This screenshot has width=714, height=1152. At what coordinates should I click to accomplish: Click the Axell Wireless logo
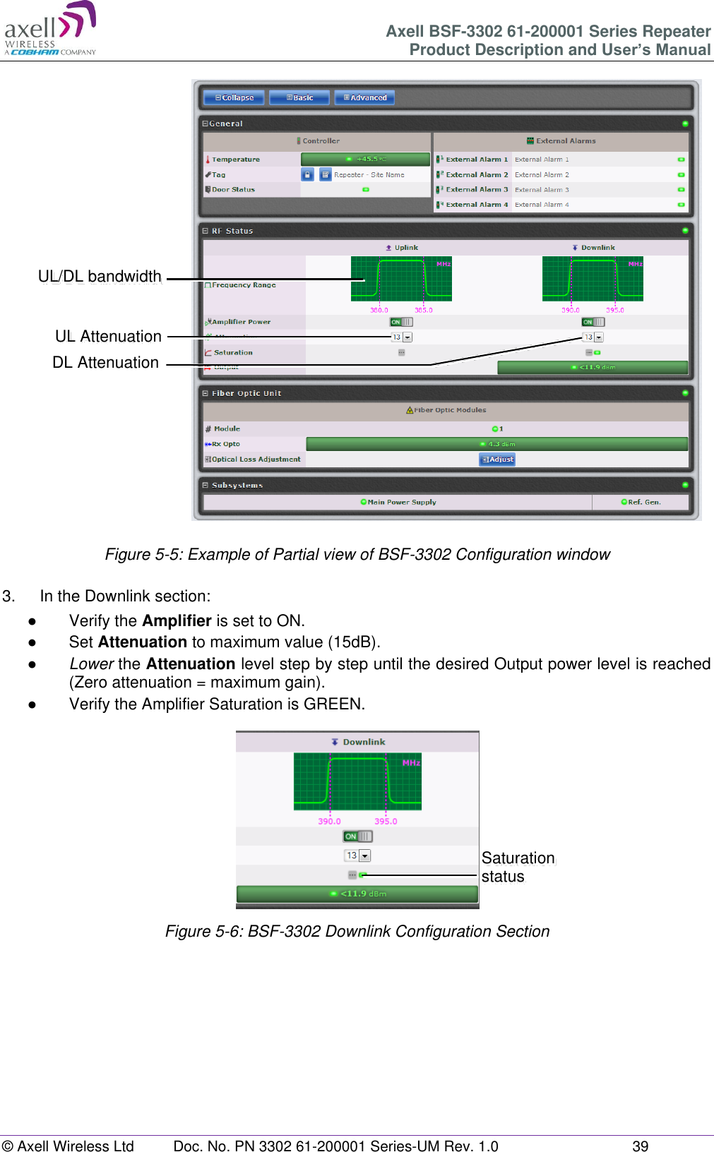[49, 28]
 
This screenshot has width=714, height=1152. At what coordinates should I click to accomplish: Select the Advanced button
[364, 97]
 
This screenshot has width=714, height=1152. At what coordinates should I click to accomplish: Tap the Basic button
[299, 97]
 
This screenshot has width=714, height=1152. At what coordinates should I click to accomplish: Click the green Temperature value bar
[365, 159]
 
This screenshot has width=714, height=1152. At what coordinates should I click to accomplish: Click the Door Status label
[233, 189]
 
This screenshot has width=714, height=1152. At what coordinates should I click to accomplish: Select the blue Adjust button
[497, 459]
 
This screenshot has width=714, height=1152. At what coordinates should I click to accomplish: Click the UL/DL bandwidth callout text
[100, 276]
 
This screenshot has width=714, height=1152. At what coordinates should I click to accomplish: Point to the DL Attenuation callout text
[106, 362]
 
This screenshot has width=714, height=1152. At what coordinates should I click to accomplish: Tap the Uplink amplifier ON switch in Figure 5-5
[401, 322]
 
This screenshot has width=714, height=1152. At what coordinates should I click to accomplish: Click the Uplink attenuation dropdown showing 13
[401, 337]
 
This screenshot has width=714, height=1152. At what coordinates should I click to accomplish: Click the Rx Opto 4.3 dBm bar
[496, 444]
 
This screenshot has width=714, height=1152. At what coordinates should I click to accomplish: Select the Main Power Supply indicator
[398, 502]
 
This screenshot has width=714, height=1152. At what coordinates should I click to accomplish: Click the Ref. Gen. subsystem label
[641, 502]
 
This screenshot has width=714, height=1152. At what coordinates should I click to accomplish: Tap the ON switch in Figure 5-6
[357, 836]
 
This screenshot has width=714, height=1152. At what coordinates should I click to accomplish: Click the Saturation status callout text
[518, 867]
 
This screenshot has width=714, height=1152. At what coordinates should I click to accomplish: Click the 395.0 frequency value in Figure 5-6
[386, 821]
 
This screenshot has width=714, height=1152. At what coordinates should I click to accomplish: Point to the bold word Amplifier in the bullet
[177, 620]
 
